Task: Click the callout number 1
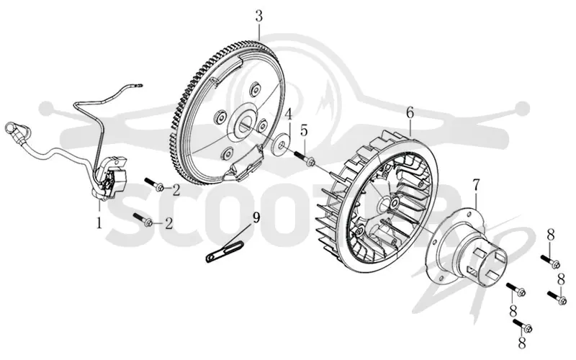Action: pyautogui.click(x=99, y=222)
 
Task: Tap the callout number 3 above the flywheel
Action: pyautogui.click(x=259, y=17)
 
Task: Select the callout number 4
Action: pyautogui.click(x=289, y=114)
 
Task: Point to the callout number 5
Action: pyautogui.click(x=304, y=130)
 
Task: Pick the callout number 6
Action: pyautogui.click(x=410, y=112)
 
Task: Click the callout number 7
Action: pyautogui.click(x=476, y=186)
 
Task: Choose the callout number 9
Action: pyautogui.click(x=256, y=217)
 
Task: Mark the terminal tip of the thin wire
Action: pyautogui.click(x=139, y=86)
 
